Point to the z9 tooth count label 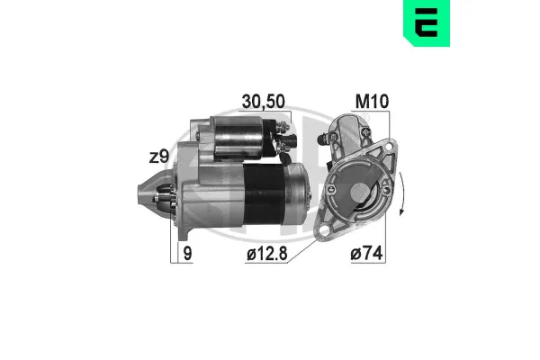coord(158,157)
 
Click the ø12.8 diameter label coord(265,256)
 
